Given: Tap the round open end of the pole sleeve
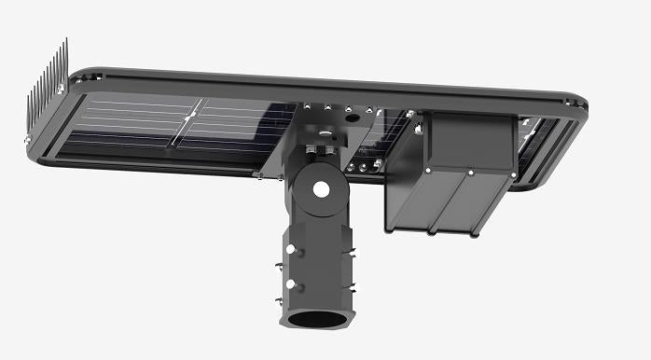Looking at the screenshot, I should (317, 321).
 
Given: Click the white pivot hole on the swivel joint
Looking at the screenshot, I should (320, 189).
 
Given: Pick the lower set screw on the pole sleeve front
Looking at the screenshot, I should (290, 284).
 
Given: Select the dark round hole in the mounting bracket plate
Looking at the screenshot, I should (352, 118).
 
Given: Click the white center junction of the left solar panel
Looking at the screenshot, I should (189, 118).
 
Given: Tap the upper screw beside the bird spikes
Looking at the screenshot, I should (61, 88).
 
